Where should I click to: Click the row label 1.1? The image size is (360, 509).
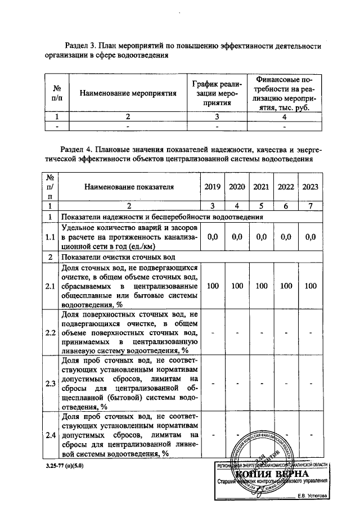(x=50, y=238)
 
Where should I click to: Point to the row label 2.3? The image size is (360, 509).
(x=50, y=384)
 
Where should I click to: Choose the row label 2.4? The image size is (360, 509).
(x=50, y=435)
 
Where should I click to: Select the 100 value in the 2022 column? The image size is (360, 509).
(x=286, y=286)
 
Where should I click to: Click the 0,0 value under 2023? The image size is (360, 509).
(x=310, y=237)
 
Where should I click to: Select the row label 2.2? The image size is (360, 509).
(x=50, y=332)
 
